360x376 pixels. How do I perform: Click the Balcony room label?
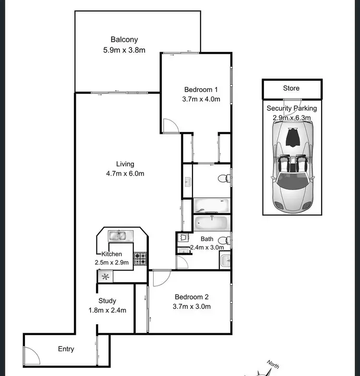click(x=124, y=40)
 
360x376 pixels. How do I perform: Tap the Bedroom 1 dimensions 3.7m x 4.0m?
click(x=202, y=99)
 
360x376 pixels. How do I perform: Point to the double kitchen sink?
click(x=118, y=235)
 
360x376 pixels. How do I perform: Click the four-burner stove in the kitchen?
click(x=140, y=259)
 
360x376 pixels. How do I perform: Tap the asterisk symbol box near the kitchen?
click(x=105, y=276)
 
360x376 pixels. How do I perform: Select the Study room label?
click(x=107, y=301)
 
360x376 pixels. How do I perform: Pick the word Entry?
click(x=66, y=349)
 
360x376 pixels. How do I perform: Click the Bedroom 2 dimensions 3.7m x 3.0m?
click(x=192, y=306)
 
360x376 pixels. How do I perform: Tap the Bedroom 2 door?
click(x=161, y=278)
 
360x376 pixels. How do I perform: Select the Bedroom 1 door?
click(x=170, y=126)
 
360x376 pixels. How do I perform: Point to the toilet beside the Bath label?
click(x=223, y=241)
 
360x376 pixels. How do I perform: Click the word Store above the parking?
click(x=291, y=88)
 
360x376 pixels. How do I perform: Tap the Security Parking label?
click(x=291, y=108)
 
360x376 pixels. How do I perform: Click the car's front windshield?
click(x=292, y=182)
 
